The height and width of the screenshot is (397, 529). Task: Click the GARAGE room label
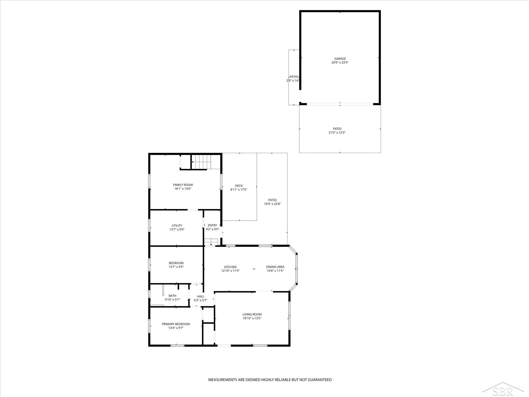coord(340,59)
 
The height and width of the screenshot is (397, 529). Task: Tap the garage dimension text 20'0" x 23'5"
coord(340,63)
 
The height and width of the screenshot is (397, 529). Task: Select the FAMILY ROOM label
coord(183,185)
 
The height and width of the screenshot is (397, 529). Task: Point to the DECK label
coord(239,186)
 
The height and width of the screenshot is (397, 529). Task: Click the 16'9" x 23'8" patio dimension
coord(272,204)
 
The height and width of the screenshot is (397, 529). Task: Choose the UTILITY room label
coord(177,226)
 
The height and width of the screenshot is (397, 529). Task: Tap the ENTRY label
coord(212,225)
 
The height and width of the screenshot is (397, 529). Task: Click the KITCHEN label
coord(230,267)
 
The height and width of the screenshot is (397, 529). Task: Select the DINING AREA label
coord(275,267)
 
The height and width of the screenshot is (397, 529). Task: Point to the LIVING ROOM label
coord(252,314)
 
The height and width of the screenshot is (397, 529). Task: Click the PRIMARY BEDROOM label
coord(176,324)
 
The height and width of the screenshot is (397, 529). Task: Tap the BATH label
coord(172,296)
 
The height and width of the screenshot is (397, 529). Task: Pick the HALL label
coord(201,296)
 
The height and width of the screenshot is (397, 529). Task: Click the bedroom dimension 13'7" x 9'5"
coord(176,267)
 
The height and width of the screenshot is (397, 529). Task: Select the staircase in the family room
coord(201,162)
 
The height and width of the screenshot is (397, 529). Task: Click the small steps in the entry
coord(211,242)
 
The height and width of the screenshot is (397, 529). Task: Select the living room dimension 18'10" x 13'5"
coord(252,318)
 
